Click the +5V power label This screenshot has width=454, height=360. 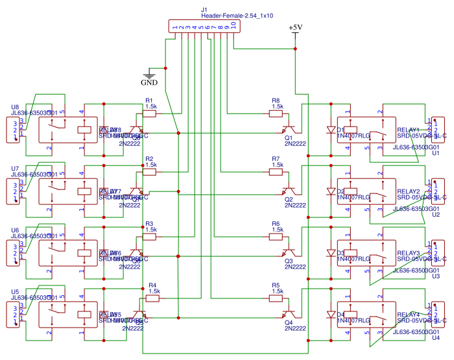tap(295, 28)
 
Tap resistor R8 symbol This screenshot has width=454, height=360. tap(277, 114)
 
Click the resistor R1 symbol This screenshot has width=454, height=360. tap(150, 114)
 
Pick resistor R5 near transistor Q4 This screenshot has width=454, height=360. tap(277, 298)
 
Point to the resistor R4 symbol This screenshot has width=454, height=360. tap(153, 298)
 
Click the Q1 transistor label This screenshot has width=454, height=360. tap(289, 138)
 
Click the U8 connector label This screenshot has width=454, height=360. tap(15, 107)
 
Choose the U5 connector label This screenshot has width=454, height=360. tap(15, 291)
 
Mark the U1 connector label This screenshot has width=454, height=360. tap(435, 153)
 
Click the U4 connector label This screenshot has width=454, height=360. tap(435, 337)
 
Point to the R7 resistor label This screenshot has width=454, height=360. tap(276, 159)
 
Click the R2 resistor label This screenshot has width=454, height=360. tap(149, 159)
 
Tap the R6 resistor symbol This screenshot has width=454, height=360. tap(277, 237)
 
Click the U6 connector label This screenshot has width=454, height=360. tap(15, 230)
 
